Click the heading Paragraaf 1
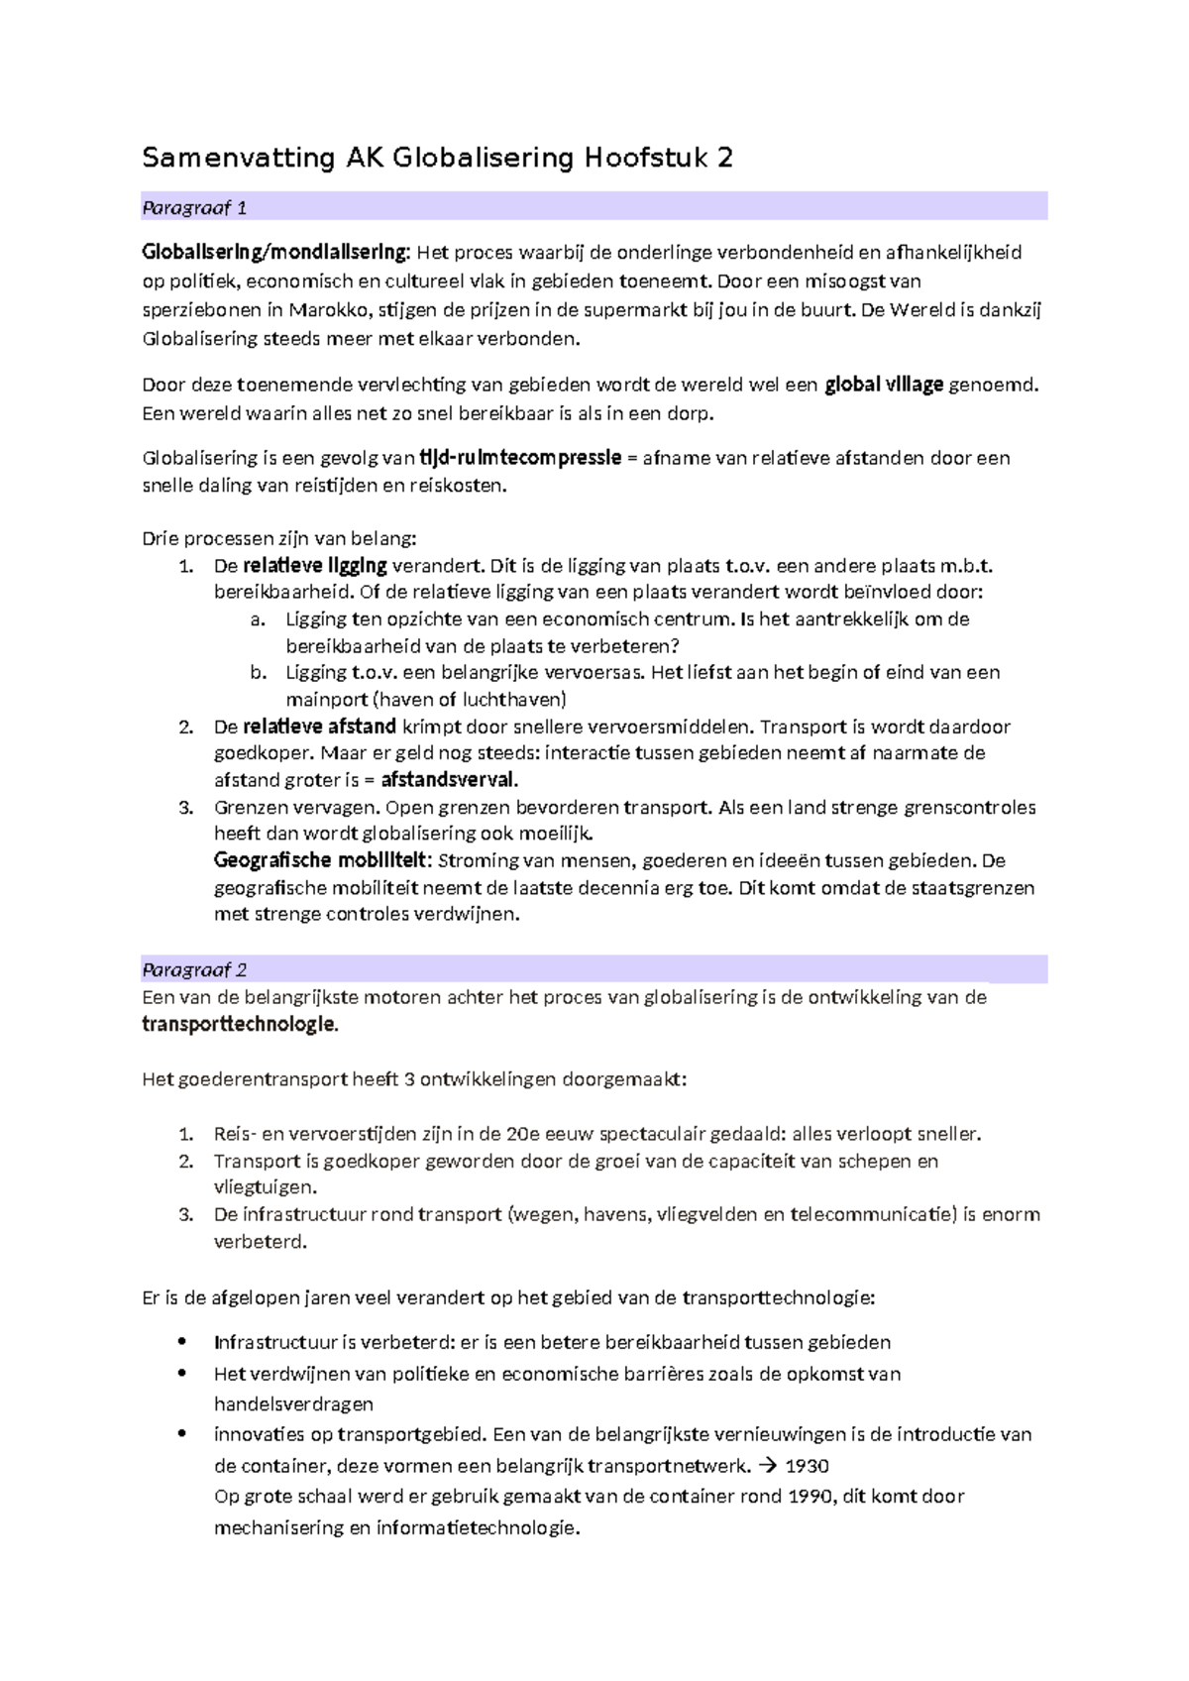[194, 207]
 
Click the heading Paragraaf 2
[194, 969]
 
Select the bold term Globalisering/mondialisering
[274, 252]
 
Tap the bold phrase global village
[884, 385]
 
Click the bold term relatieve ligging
[315, 566]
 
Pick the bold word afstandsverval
[449, 780]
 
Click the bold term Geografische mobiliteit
[321, 860]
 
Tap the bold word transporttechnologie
[239, 1025]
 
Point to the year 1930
[807, 1466]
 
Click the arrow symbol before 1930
[767, 1466]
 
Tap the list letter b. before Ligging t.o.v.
[259, 672]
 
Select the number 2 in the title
[725, 158]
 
